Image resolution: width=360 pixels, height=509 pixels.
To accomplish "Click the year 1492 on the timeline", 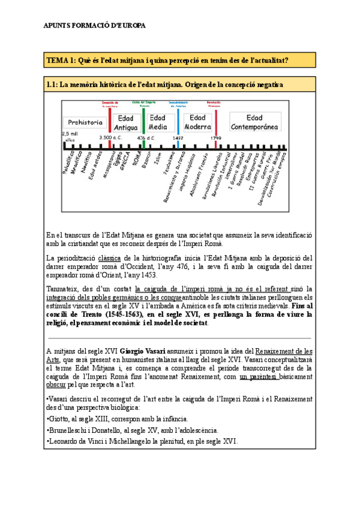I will [178, 137].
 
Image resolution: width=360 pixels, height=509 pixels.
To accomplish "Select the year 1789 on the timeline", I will [215, 137].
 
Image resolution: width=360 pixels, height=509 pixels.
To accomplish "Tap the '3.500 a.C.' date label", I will [110, 137].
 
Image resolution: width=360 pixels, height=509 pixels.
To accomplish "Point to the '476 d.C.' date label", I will [146, 137].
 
